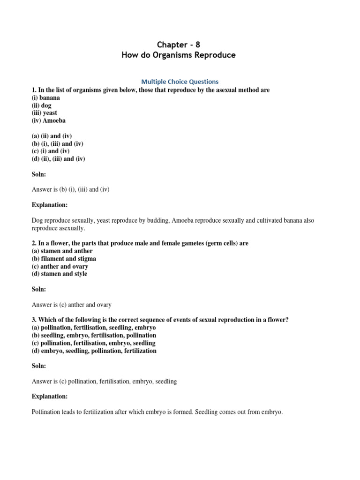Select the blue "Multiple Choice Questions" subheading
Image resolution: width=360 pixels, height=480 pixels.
(180, 82)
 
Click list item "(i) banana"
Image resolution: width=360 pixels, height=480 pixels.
(46, 97)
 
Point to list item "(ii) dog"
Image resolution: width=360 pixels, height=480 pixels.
(43, 105)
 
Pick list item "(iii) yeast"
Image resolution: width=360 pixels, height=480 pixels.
(45, 113)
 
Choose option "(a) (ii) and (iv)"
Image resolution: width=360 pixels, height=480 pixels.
(52, 136)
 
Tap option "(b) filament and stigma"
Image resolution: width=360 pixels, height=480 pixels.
(64, 258)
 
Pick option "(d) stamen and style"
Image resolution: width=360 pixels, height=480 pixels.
(60, 274)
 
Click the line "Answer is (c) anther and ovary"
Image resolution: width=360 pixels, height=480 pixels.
(72, 305)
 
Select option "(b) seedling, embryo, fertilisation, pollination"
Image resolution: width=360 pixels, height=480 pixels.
(94, 335)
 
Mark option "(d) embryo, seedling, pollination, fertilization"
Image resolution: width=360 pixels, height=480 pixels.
(94, 351)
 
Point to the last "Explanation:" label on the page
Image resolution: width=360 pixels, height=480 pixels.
(50, 397)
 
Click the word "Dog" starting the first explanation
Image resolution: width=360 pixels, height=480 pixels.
(37, 220)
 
